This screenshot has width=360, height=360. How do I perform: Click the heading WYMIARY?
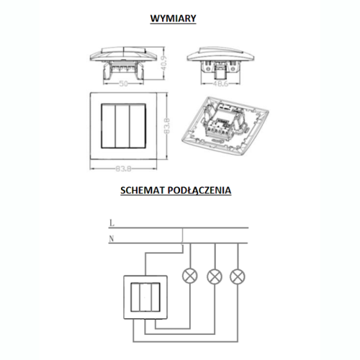173,19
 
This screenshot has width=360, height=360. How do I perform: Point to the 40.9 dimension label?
164,63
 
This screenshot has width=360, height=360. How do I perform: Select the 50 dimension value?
124,84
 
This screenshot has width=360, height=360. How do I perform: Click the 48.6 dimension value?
220,84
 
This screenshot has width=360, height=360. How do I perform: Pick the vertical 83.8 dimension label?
167,125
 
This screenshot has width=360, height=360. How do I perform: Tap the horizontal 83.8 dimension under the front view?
124,169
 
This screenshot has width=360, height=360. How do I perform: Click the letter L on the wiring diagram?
112,223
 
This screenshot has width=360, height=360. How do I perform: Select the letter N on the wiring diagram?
112,239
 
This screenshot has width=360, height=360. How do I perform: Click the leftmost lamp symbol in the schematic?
190,276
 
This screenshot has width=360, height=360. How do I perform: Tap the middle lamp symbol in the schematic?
215,276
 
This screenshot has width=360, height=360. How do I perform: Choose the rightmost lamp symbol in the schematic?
238,276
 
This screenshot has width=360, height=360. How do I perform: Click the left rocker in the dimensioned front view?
108,126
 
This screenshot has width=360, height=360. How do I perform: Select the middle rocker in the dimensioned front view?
122,126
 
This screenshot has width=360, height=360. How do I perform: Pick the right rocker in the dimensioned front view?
138,126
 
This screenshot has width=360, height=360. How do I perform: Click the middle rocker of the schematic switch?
145,297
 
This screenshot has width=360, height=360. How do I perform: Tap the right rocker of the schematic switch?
155,297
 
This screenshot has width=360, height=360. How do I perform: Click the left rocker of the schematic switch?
135,297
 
